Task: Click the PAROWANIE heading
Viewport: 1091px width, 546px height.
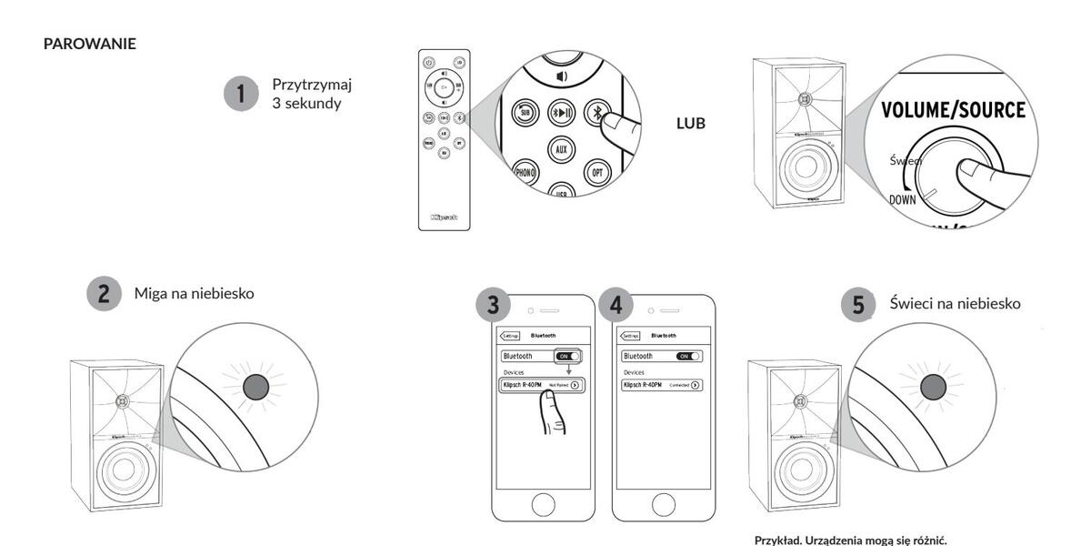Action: click(x=90, y=45)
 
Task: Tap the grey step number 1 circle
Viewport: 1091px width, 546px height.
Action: click(x=241, y=94)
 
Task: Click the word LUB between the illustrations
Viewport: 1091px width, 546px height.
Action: click(x=691, y=123)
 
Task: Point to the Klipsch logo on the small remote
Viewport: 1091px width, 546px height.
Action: click(x=445, y=218)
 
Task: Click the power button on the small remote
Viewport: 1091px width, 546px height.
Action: click(x=429, y=62)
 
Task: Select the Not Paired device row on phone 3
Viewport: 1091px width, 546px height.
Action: click(x=543, y=385)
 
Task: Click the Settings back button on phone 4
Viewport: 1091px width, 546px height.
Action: click(x=630, y=335)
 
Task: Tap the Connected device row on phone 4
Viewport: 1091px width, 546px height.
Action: click(x=661, y=385)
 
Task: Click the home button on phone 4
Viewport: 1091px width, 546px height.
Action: click(x=661, y=502)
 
